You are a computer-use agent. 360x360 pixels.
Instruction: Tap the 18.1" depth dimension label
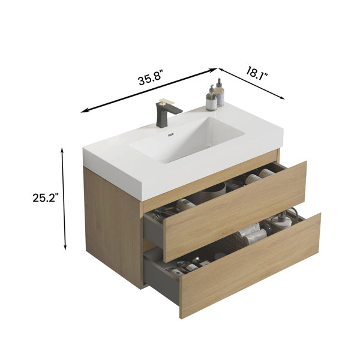coord(257,73)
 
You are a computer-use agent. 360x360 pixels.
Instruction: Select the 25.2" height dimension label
coord(46,197)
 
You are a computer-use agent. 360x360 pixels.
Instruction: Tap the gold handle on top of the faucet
coord(167,101)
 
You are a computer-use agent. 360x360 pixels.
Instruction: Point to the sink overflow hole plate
coord(170,135)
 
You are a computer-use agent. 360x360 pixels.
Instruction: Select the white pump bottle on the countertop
coord(211,98)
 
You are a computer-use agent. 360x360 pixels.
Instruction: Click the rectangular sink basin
coord(187,140)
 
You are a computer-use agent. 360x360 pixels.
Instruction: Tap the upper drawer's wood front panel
coord(235,212)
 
